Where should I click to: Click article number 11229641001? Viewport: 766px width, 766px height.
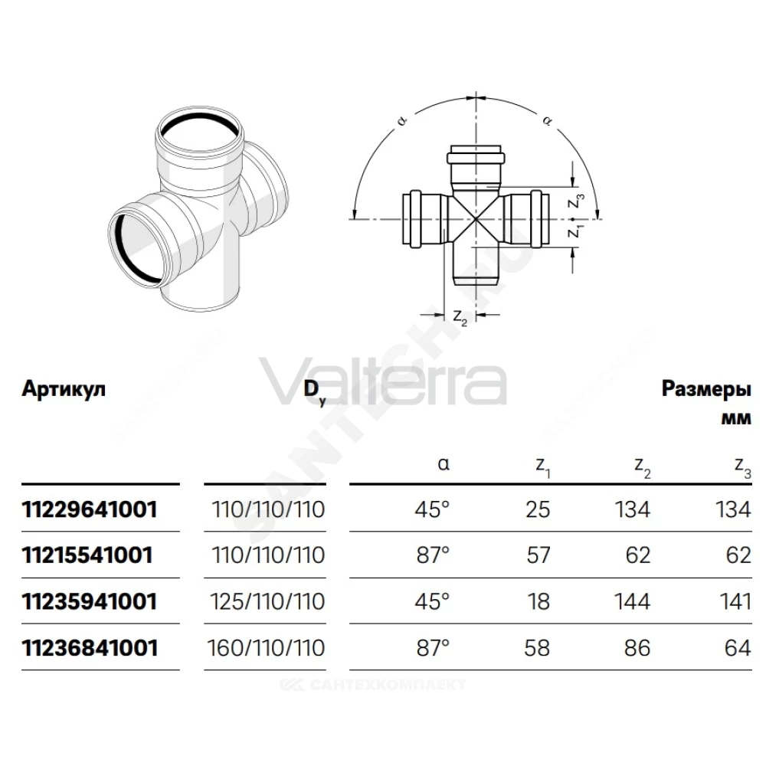(90, 509)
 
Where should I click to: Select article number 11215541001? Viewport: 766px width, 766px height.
(87, 555)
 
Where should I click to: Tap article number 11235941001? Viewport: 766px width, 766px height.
(90, 601)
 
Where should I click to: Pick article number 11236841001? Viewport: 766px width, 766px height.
(90, 648)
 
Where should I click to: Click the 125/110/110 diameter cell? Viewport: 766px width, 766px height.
(267, 601)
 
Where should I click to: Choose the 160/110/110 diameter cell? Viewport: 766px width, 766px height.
(267, 648)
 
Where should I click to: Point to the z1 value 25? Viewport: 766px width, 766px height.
(538, 509)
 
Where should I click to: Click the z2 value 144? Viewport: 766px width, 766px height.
(632, 601)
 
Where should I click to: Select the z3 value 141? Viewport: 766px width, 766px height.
(735, 601)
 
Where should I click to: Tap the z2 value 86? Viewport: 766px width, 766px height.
(637, 648)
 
